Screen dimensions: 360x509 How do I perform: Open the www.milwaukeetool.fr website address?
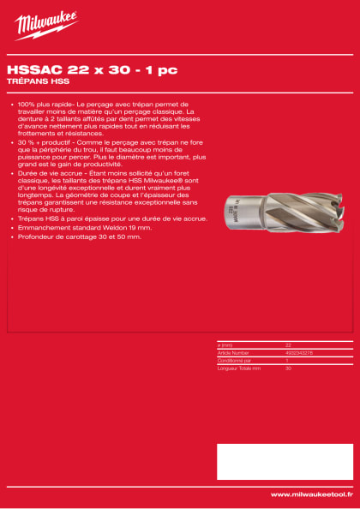click(x=310, y=494)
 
